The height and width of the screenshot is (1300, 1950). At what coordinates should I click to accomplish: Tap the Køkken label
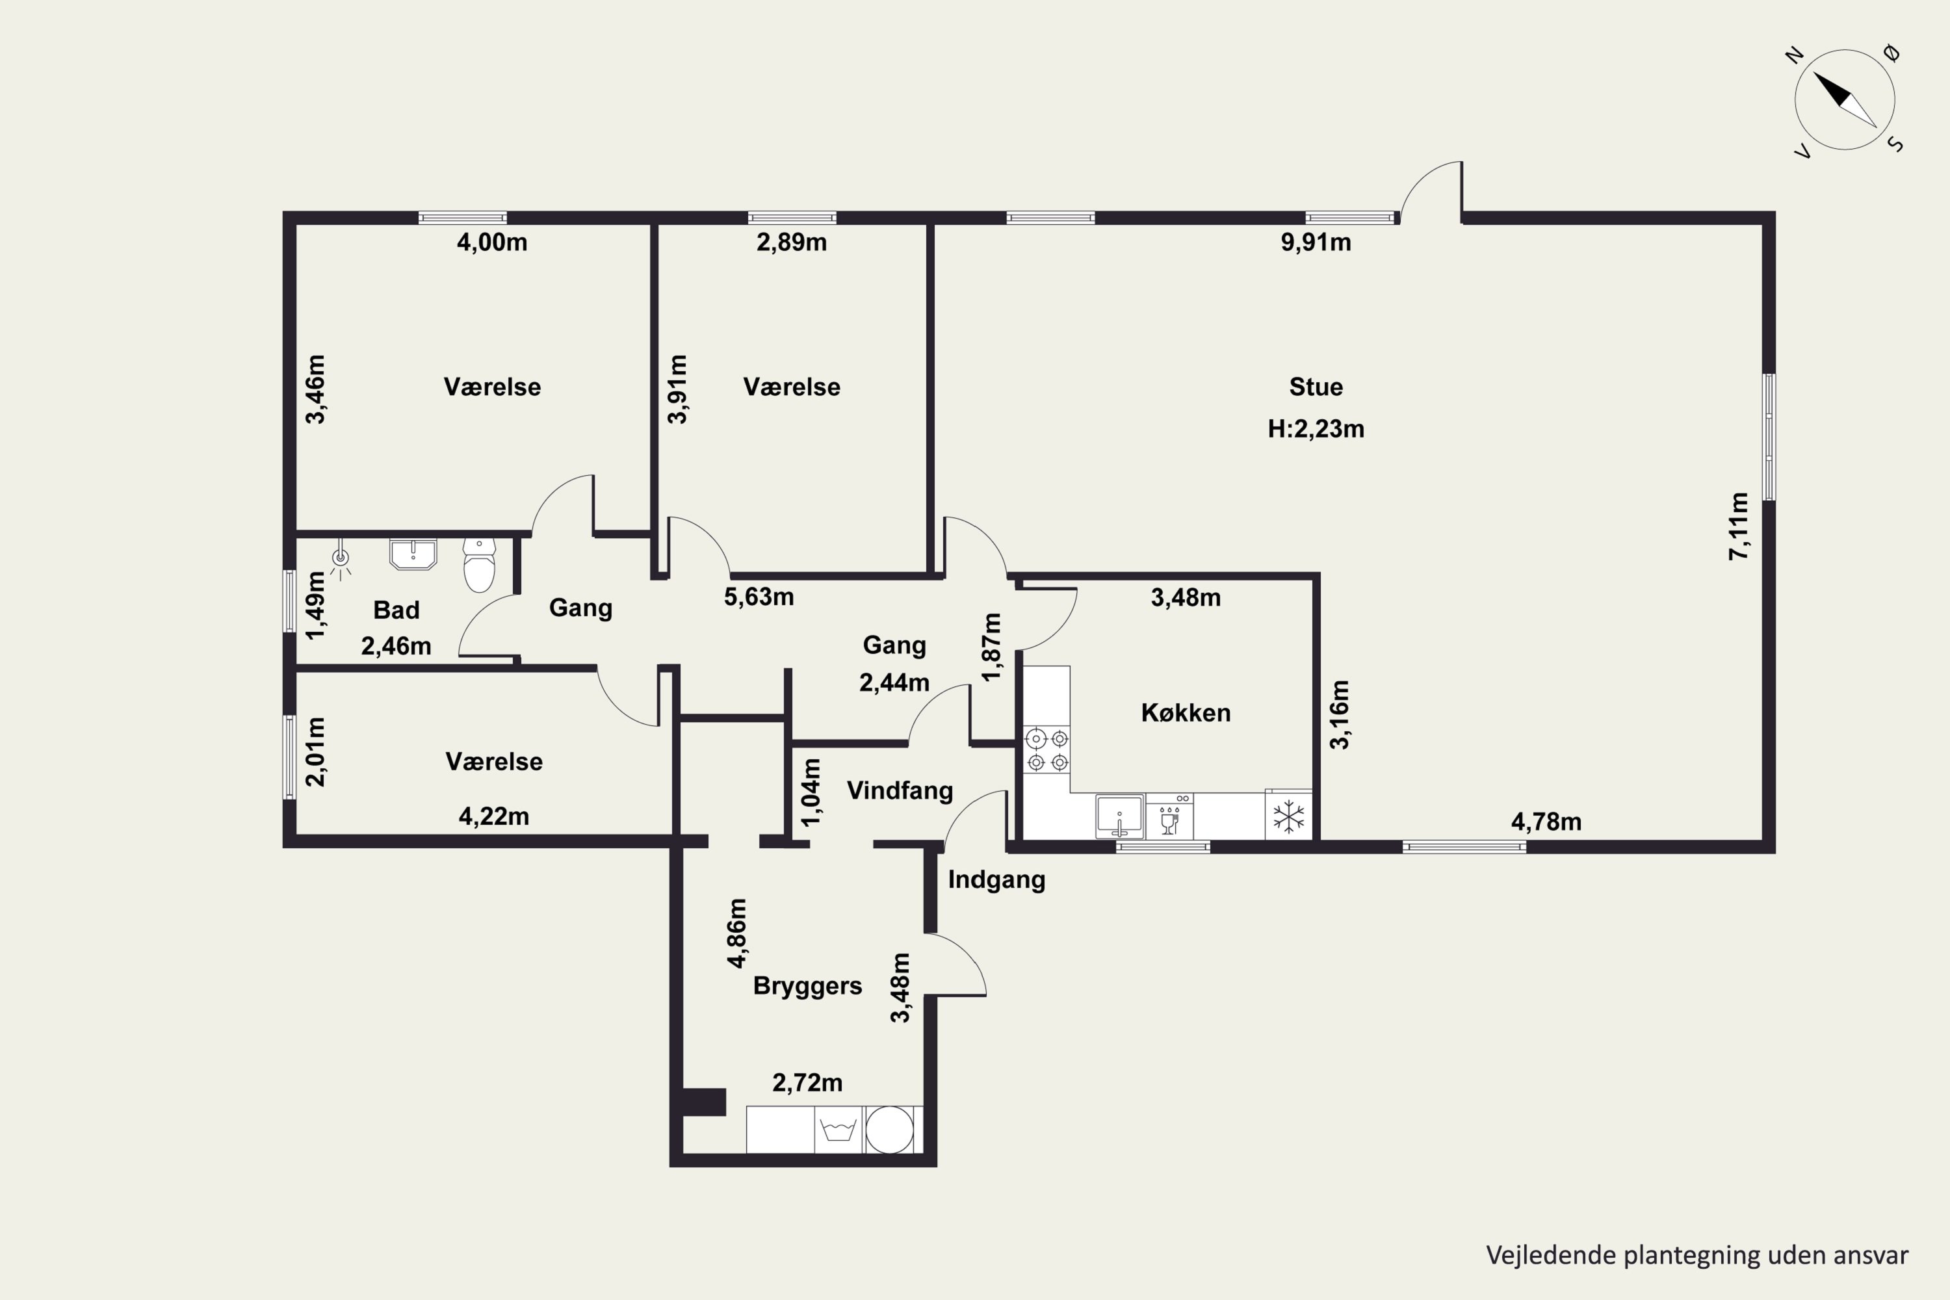point(1186,712)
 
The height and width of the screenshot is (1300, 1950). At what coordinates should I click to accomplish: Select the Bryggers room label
point(807,986)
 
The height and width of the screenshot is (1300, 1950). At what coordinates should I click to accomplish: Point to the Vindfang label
point(900,790)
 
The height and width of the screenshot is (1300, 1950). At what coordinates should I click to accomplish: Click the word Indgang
point(996,879)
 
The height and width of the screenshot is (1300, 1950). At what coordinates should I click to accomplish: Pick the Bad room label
point(396,610)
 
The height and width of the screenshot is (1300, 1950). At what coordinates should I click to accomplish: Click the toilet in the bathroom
point(479,565)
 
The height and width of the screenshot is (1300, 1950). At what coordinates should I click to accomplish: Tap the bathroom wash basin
point(413,554)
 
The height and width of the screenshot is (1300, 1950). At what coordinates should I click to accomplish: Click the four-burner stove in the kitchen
point(1047,749)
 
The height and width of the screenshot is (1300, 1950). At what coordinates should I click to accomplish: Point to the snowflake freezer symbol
point(1288,816)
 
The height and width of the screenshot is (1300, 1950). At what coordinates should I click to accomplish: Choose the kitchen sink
point(1119,816)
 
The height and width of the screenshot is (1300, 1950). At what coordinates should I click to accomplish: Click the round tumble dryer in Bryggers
point(890,1129)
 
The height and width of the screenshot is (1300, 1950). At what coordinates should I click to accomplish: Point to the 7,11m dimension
point(1739,526)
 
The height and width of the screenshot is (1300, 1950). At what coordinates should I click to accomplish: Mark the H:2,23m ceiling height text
point(1316,428)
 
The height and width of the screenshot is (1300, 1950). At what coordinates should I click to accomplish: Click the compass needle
point(1845,99)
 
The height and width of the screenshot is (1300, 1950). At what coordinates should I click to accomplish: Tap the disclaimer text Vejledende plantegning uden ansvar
point(1697,1254)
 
